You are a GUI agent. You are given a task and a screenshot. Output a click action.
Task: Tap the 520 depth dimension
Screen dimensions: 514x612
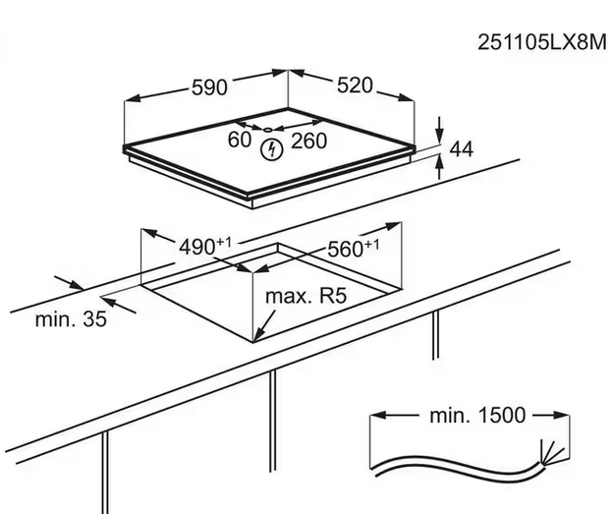coord(355,86)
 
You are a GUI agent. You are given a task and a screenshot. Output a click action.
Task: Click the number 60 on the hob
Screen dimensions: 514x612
coord(240,141)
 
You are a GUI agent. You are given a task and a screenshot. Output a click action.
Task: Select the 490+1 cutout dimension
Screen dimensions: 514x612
coord(203,247)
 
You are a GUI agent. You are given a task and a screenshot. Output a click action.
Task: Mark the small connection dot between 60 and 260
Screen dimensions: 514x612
coord(269,128)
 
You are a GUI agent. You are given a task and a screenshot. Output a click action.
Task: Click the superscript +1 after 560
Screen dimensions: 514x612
coord(371,243)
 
